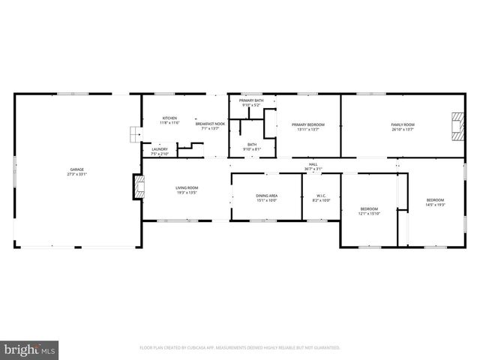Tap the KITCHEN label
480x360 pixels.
pos(170,118)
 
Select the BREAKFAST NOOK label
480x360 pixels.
pos(211,124)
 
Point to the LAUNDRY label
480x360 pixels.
pos(160,148)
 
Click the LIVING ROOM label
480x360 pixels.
pos(187,188)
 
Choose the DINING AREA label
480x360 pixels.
pos(267,196)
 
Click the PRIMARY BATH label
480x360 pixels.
pos(251,100)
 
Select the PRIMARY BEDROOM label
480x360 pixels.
pos(308,124)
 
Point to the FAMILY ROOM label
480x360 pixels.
pos(402,124)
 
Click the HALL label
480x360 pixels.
pos(313,164)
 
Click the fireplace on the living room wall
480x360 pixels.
pos(138,187)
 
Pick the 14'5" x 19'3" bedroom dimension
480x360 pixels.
pos(435,205)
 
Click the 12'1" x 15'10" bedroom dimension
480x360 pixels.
pos(369,214)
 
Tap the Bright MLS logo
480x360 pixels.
pos(30,349)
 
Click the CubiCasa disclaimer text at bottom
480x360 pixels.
pos(240,348)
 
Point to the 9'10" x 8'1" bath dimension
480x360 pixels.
pos(251,150)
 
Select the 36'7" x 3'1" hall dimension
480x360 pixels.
pos(313,169)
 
